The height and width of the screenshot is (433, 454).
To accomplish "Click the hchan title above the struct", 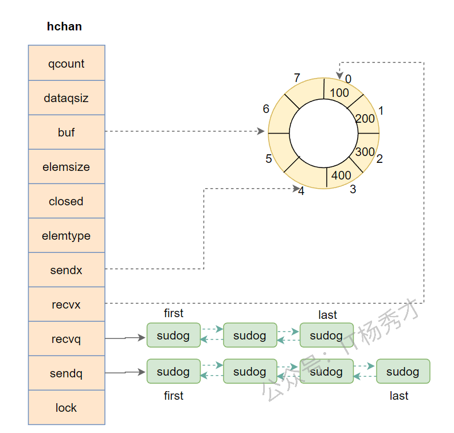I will point(64,26).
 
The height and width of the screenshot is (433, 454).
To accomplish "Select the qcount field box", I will point(66,63).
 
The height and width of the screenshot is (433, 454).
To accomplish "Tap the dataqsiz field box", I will point(66,97).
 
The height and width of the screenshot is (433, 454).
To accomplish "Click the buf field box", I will point(66,132).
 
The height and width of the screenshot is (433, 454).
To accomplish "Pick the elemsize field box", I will point(66,166).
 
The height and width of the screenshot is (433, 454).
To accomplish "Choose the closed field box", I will point(66,201).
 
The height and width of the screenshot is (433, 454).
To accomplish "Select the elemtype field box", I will point(66,235).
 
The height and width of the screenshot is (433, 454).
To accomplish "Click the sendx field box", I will point(66,270).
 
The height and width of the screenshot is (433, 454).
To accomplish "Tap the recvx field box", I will point(66,304).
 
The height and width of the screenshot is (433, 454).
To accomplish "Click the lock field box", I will point(66,407).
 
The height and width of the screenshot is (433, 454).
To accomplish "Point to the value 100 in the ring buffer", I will point(339,92).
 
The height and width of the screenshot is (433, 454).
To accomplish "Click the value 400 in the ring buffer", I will point(341,175).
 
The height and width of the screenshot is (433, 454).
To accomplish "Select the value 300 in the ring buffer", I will point(365,152).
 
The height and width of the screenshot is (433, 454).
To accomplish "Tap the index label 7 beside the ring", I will point(296,78).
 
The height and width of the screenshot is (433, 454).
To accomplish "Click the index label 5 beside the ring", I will point(268,159).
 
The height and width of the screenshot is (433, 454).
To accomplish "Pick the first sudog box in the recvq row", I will point(173,336).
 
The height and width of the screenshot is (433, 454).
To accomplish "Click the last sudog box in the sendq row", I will point(402,372).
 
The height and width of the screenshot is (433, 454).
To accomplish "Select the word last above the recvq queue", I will point(327,315).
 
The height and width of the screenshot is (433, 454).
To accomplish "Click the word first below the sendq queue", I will point(173,396).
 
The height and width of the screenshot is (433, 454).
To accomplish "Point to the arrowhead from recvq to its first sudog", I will point(143,338).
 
